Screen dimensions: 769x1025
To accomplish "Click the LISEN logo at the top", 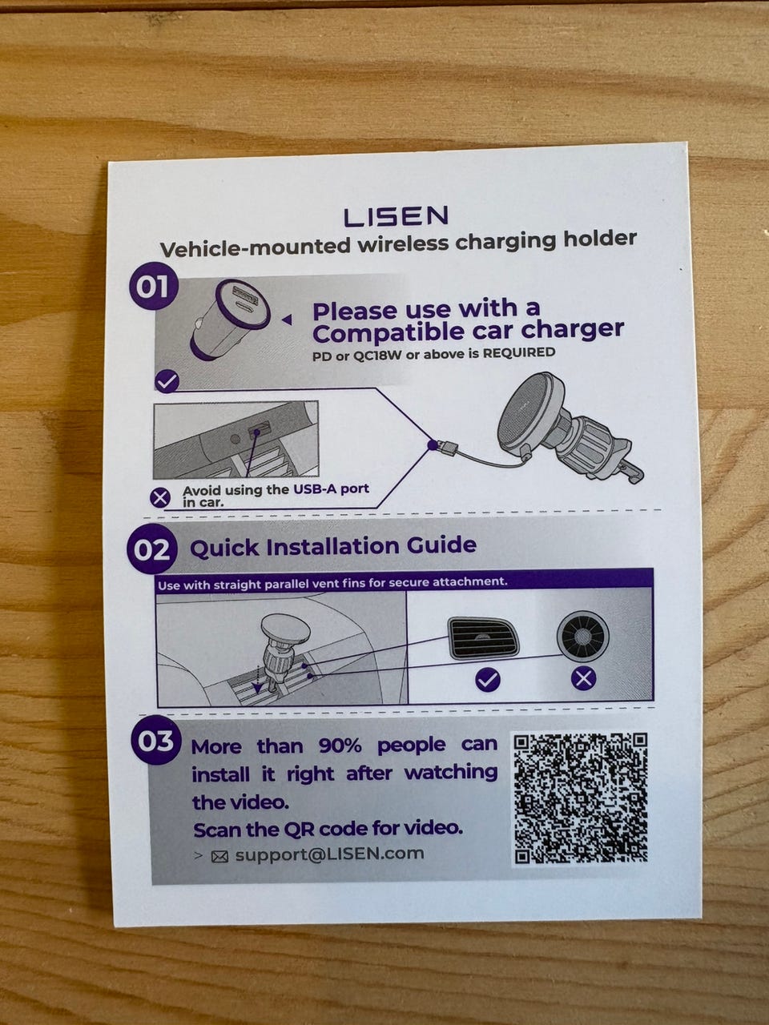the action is [x=396, y=216].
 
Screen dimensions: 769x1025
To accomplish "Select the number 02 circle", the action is [x=151, y=549].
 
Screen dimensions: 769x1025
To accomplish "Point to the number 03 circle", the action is [x=155, y=741].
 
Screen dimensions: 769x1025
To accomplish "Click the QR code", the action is [x=581, y=797].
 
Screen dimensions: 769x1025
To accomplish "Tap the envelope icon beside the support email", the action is [x=219, y=856].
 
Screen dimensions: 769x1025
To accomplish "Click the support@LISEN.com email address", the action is [x=330, y=854].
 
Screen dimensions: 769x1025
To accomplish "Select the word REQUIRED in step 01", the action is [x=518, y=352].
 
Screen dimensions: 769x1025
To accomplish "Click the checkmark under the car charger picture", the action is [x=167, y=381].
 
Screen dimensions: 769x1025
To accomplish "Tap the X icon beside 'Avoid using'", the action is [x=160, y=498].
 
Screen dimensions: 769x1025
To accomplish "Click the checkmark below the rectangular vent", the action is [x=488, y=679].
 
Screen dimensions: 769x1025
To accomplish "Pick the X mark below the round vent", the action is [x=584, y=677].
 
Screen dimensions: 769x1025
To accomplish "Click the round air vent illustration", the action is [x=582, y=636].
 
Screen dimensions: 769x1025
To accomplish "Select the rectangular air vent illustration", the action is [x=485, y=638].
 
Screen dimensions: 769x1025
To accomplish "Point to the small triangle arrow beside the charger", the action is [x=287, y=320].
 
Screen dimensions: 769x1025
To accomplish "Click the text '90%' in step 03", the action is [x=340, y=746].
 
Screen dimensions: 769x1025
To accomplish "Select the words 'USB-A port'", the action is [x=331, y=489].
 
